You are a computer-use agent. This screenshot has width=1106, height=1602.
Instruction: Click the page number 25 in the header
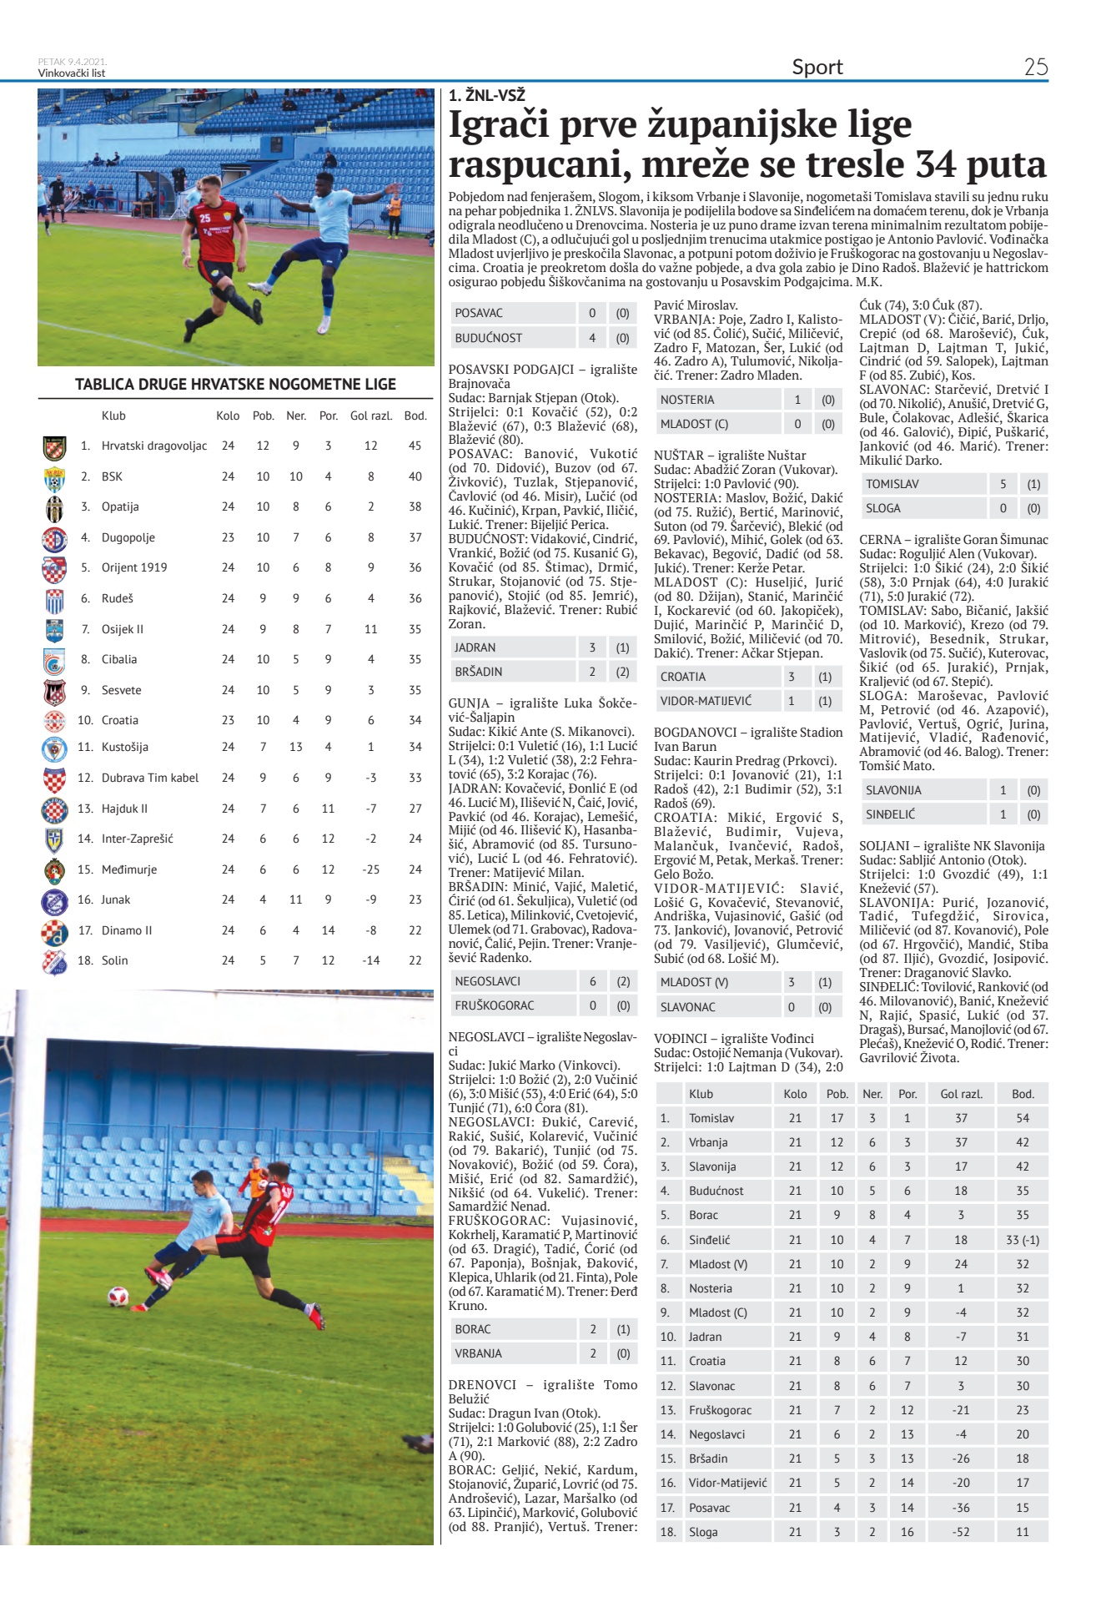pyautogui.click(x=1035, y=67)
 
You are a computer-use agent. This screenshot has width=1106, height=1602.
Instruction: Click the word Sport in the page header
pyautogui.click(x=817, y=67)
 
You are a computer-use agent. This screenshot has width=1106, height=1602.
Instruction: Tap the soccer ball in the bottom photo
pyautogui.click(x=118, y=1296)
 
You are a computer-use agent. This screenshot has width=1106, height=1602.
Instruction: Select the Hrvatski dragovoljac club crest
pyautogui.click(x=54, y=447)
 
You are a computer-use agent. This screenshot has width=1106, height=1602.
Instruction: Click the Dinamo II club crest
pyautogui.click(x=54, y=931)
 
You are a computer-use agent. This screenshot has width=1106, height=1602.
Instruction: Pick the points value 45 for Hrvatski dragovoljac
pyautogui.click(x=415, y=446)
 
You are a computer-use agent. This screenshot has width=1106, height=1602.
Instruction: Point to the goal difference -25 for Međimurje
pyautogui.click(x=371, y=869)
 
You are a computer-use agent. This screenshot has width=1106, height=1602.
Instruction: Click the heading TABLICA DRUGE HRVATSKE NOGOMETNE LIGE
pyautogui.click(x=235, y=385)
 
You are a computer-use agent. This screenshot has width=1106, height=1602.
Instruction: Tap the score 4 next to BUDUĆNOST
pyautogui.click(x=592, y=338)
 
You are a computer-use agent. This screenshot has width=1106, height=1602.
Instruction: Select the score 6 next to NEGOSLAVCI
pyautogui.click(x=592, y=981)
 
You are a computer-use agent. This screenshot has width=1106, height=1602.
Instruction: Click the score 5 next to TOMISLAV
pyautogui.click(x=1003, y=484)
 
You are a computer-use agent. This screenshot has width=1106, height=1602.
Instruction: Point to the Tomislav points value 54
pyautogui.click(x=1022, y=1118)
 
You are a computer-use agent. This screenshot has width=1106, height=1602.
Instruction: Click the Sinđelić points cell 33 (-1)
pyautogui.click(x=1022, y=1240)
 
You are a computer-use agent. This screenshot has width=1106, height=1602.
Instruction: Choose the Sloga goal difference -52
pyautogui.click(x=961, y=1532)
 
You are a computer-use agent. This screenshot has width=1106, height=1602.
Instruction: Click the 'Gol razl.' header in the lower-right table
pyautogui.click(x=961, y=1094)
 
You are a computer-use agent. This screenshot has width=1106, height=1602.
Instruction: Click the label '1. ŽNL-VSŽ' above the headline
pyautogui.click(x=486, y=96)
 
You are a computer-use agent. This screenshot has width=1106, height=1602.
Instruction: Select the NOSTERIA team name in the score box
pyautogui.click(x=687, y=400)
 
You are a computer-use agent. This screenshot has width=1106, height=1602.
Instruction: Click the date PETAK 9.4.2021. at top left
pyautogui.click(x=72, y=62)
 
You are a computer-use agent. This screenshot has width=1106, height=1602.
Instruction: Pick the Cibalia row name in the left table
pyautogui.click(x=119, y=659)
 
